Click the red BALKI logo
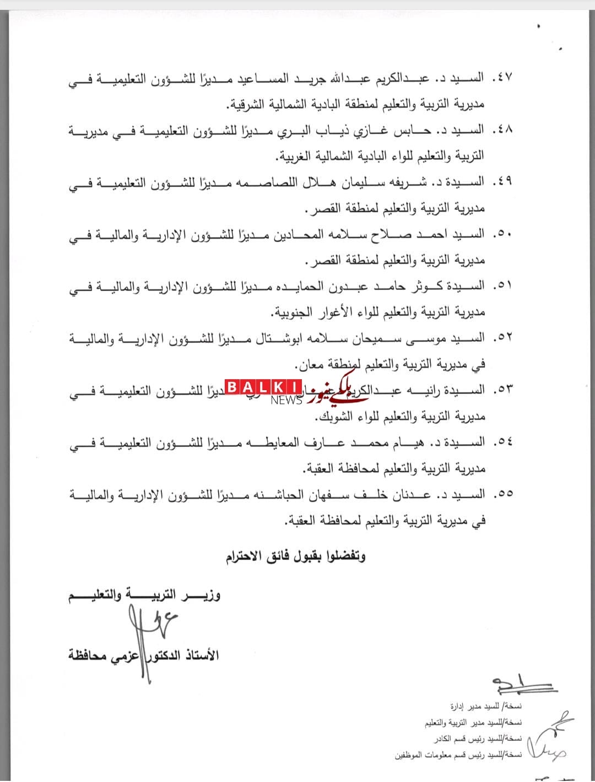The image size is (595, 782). (x=263, y=387)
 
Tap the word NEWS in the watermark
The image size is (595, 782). (x=286, y=401)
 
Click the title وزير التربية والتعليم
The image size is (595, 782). (x=144, y=595)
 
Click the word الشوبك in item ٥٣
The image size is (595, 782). (x=335, y=417)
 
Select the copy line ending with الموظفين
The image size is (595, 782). (x=458, y=756)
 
